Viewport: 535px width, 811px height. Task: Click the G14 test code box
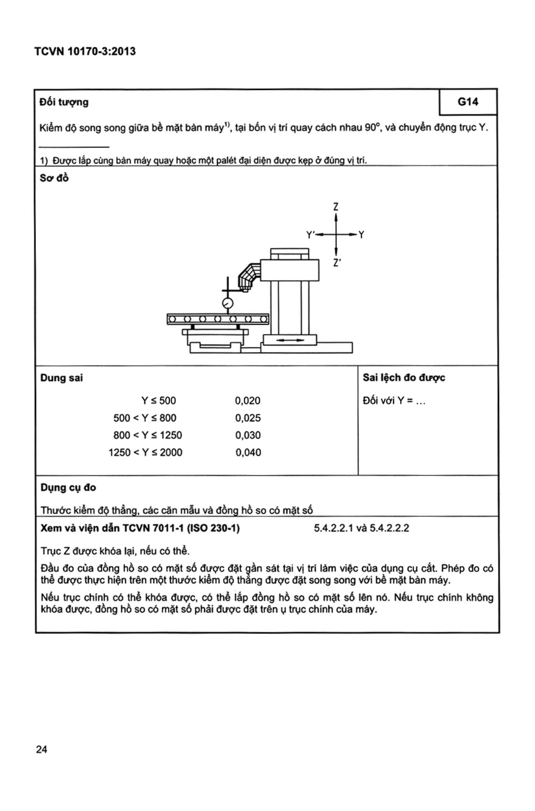pos(468,102)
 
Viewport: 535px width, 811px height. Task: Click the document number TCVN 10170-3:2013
pos(85,51)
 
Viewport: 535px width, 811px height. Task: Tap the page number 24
pos(42,749)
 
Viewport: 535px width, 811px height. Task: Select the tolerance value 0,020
pos(248,401)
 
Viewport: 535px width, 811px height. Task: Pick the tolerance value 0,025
pos(248,418)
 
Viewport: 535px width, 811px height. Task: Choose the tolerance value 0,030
pos(248,435)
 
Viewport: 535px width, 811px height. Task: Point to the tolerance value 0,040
pos(248,452)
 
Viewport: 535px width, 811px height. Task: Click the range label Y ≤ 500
pos(158,401)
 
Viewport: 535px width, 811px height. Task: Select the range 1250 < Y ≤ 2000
pos(145,452)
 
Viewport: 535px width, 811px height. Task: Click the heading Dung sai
pos(61,378)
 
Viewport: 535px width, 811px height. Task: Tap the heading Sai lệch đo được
pos(404,378)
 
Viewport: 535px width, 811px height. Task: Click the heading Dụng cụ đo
pos(68,488)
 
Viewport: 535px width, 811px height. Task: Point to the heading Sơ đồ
pos(54,178)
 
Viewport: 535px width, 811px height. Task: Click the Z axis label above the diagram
pos(336,207)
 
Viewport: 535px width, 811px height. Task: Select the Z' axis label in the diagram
pos(337,263)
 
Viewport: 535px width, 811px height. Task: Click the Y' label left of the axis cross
pos(310,235)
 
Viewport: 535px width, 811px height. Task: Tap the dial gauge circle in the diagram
pos(227,303)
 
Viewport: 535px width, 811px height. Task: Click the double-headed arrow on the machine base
pos(290,340)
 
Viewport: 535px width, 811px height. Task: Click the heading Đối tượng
pos(64,102)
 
